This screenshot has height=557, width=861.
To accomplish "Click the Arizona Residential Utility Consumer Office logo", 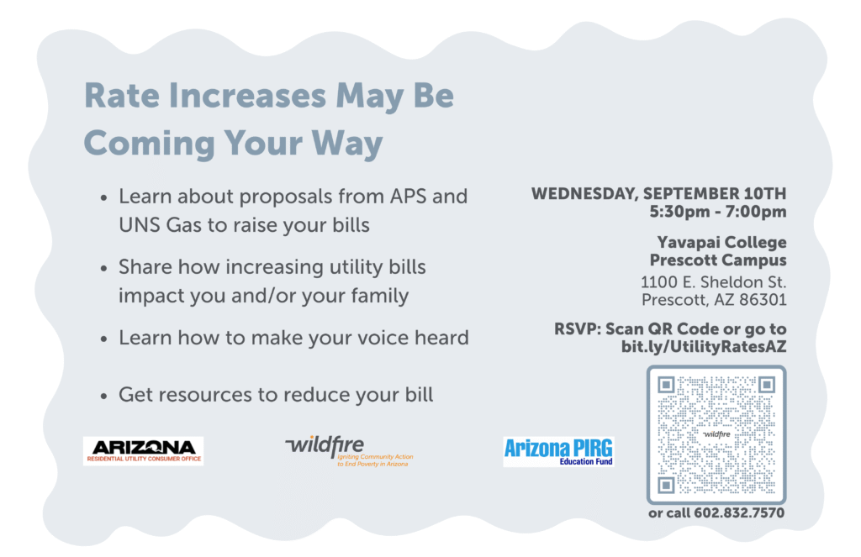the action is pyautogui.click(x=143, y=451).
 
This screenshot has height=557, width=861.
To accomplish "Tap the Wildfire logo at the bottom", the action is pyautogui.click(x=349, y=451).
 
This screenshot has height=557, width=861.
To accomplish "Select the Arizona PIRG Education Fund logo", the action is pyautogui.click(x=558, y=452).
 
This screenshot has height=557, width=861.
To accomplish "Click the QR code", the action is pyautogui.click(x=716, y=434).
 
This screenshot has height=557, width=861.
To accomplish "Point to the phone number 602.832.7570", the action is pyautogui.click(x=739, y=513).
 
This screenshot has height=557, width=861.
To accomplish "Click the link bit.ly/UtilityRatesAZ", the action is pyautogui.click(x=704, y=347).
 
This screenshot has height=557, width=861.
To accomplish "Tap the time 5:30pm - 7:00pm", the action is pyautogui.click(x=718, y=211).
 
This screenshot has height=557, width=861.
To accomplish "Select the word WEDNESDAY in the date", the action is pyautogui.click(x=584, y=194).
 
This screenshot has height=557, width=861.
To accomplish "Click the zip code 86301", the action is pyautogui.click(x=763, y=300).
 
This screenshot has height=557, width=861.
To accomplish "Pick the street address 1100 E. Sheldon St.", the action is pyautogui.click(x=713, y=282).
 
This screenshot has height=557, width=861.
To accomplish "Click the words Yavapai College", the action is pyautogui.click(x=722, y=243).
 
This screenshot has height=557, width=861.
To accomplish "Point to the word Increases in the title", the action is pyautogui.click(x=248, y=96).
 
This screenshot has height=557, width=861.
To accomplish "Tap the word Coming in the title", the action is pyautogui.click(x=149, y=144).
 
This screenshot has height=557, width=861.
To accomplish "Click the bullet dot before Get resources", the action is pyautogui.click(x=103, y=397).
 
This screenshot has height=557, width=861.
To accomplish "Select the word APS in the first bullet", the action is pyautogui.click(x=408, y=197).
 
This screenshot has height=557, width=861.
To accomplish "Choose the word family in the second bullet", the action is pyautogui.click(x=380, y=297).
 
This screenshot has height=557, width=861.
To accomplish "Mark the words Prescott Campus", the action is pyautogui.click(x=718, y=260).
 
